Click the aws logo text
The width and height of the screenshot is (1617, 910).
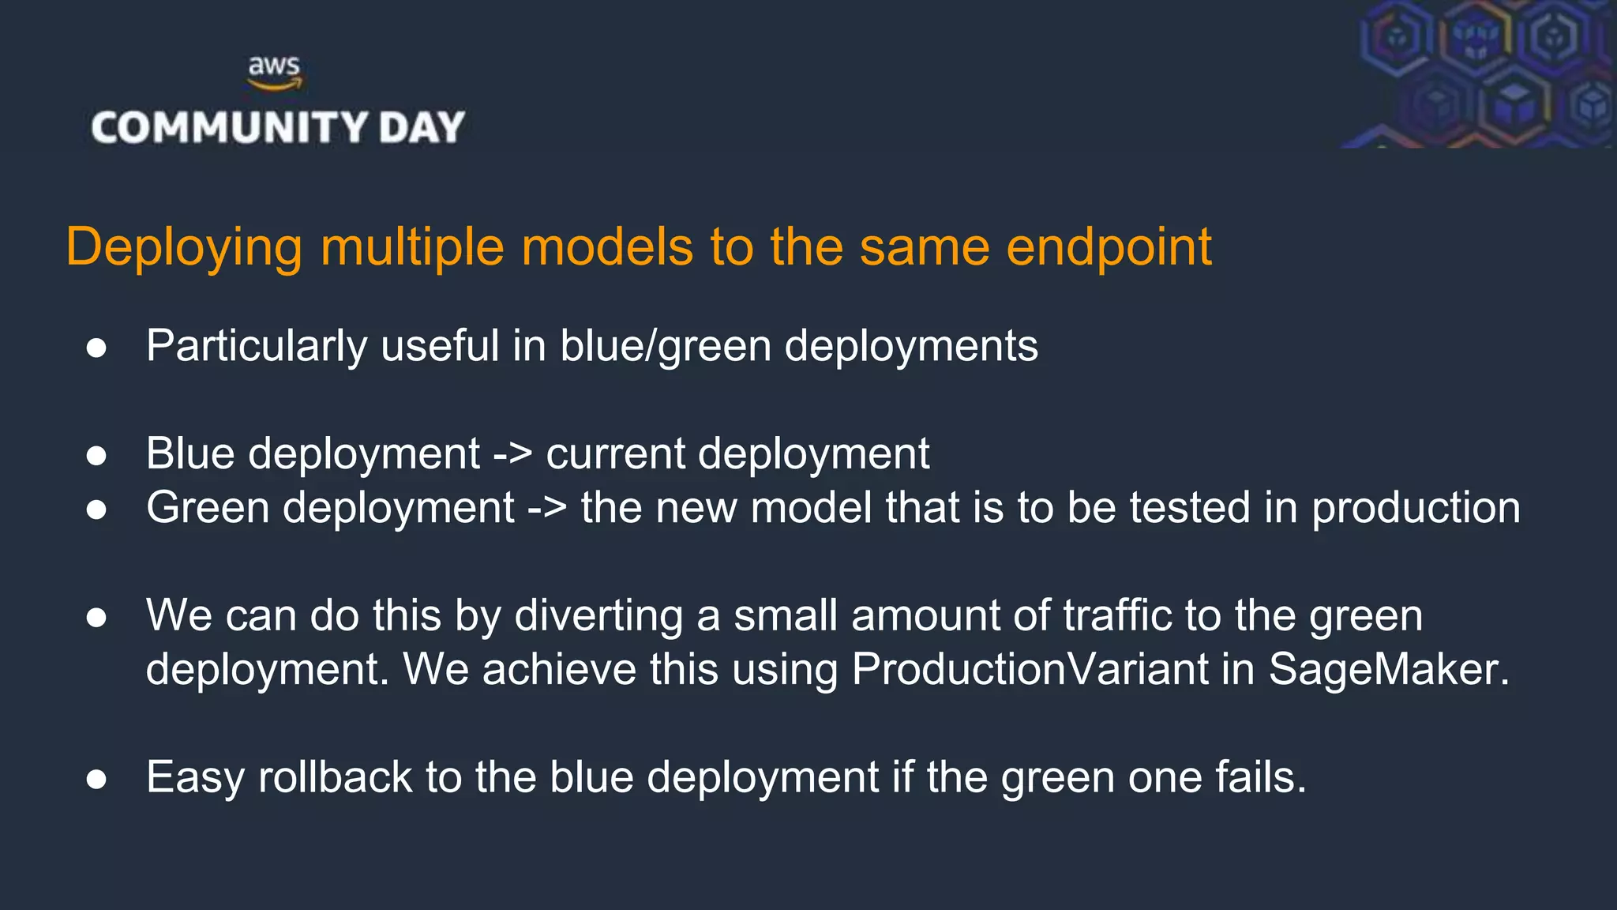coord(274,66)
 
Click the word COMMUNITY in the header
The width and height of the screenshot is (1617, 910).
coord(230,128)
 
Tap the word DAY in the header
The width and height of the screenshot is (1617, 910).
coord(422,128)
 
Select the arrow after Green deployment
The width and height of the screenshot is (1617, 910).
coord(547,508)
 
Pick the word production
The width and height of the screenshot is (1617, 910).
coord(1415,508)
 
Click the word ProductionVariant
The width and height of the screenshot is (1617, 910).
coord(1030,669)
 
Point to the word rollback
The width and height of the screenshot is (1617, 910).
coord(335,777)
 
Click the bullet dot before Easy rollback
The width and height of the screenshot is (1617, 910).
coord(96,780)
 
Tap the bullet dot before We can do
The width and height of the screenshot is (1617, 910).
coord(96,618)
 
